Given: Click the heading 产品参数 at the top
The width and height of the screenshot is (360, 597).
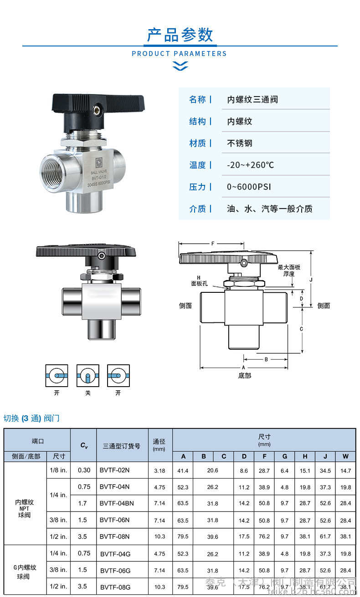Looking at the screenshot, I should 180,35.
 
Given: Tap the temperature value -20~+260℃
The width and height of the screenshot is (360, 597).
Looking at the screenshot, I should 251,165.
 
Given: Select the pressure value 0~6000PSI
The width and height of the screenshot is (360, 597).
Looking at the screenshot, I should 249,187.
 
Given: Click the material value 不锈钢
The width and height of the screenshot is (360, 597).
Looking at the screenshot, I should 240,143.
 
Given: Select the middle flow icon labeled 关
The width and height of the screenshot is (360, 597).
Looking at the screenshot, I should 88,376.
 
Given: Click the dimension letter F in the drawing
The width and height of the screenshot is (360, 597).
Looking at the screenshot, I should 212,244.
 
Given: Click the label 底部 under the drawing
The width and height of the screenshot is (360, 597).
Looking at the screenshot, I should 244,376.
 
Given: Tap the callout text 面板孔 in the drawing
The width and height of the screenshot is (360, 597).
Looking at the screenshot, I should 199,283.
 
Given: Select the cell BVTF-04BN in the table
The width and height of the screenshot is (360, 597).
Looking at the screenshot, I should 117,503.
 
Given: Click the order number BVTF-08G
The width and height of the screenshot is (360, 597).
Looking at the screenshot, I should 115,587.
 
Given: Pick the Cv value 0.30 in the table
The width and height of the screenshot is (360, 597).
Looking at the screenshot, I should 84,470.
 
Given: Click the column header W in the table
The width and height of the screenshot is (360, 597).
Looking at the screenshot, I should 345,456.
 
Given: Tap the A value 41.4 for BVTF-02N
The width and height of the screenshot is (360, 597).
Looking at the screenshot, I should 183,470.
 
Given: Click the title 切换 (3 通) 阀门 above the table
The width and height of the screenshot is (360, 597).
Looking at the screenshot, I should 31,418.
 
